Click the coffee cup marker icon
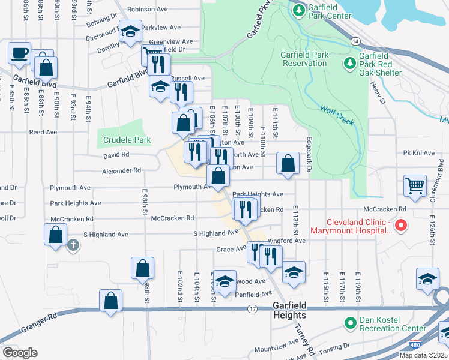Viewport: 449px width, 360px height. point(19,52)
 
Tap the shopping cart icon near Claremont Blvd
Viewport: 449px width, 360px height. point(415,185)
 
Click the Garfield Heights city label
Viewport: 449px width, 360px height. point(289,310)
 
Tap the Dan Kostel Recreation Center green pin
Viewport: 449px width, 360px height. point(350,323)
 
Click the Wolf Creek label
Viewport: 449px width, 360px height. point(336,115)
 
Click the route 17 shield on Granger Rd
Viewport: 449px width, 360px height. point(252,309)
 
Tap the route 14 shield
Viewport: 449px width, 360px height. point(355,41)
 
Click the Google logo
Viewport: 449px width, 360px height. point(20,352)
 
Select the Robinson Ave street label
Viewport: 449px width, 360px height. point(148,10)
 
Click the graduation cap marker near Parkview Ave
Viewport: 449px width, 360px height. point(130,31)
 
